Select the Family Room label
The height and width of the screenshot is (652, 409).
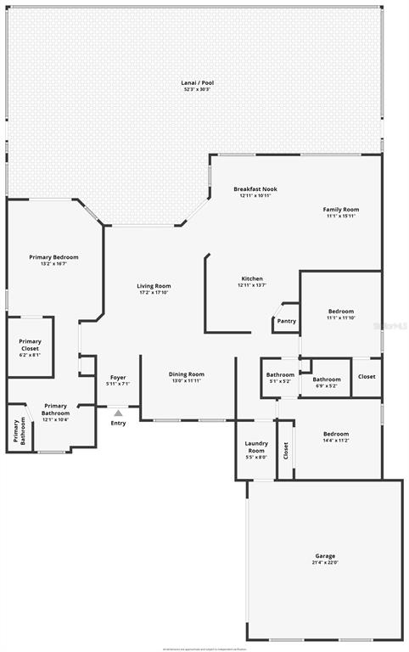[x=341, y=209]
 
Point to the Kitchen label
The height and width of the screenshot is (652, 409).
[x=252, y=278]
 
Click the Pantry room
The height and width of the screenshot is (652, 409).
[x=286, y=321]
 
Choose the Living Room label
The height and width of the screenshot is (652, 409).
[x=154, y=286]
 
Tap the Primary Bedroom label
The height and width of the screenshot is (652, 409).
[x=53, y=257]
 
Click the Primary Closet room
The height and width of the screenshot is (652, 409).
[x=30, y=346]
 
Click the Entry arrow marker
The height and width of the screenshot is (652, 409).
[x=118, y=413]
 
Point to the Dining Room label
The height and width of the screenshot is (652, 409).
[x=187, y=374]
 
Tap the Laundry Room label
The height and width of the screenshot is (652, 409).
[x=255, y=447]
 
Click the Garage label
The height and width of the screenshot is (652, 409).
[x=326, y=556]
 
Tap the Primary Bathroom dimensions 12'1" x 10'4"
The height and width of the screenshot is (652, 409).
[x=56, y=419]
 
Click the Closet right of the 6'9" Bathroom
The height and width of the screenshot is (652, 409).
[x=367, y=376]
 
